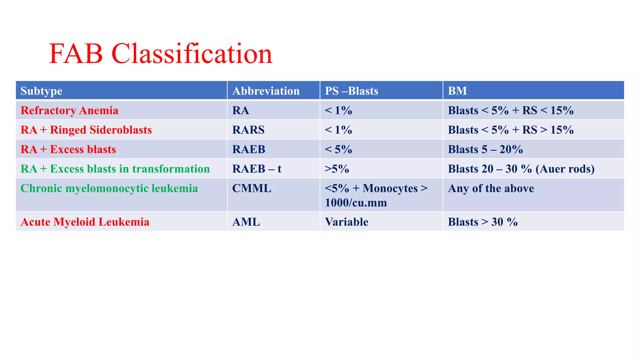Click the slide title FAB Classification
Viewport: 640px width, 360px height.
click(x=161, y=54)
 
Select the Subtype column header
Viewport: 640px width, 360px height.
click(x=41, y=91)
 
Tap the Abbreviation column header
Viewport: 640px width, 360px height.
click(x=266, y=91)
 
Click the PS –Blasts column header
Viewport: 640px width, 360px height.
click(x=351, y=91)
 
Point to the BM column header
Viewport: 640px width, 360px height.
click(x=457, y=91)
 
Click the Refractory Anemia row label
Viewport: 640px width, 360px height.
click(x=69, y=110)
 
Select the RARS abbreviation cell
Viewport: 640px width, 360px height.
click(x=248, y=130)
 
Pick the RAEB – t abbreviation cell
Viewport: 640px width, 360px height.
click(x=257, y=169)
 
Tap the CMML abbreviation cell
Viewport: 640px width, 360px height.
click(x=252, y=188)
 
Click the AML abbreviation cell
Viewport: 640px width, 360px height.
click(x=246, y=222)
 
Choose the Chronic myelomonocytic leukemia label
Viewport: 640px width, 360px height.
click(x=109, y=188)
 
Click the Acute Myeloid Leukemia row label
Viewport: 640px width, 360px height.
click(x=85, y=222)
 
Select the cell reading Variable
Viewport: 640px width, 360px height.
click(x=347, y=222)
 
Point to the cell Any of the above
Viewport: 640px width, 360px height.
click(x=491, y=188)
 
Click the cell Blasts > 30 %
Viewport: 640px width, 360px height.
click(x=482, y=222)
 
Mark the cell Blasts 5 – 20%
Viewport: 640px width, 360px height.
click(x=485, y=149)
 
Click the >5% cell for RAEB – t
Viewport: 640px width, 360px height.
click(x=337, y=169)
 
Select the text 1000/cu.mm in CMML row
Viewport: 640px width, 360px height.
click(x=356, y=203)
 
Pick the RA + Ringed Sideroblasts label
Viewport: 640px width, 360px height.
click(x=86, y=130)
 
